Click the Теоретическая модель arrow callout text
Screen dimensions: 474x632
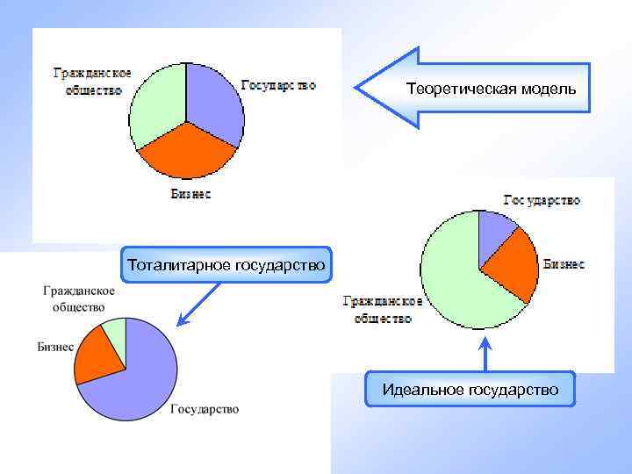coord(491,89)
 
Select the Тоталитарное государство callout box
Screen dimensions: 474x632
coord(226,264)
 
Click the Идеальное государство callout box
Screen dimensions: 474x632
coord(470,389)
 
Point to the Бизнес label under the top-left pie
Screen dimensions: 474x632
coord(190,194)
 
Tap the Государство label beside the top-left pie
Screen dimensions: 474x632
coord(278,85)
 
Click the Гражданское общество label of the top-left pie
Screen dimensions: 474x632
coord(92,82)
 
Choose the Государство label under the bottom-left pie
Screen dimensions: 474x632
coord(204,408)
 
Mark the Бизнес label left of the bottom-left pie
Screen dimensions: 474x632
coord(54,346)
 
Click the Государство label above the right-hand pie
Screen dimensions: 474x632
coord(542,199)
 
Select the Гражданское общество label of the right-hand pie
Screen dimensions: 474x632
coord(382,309)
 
